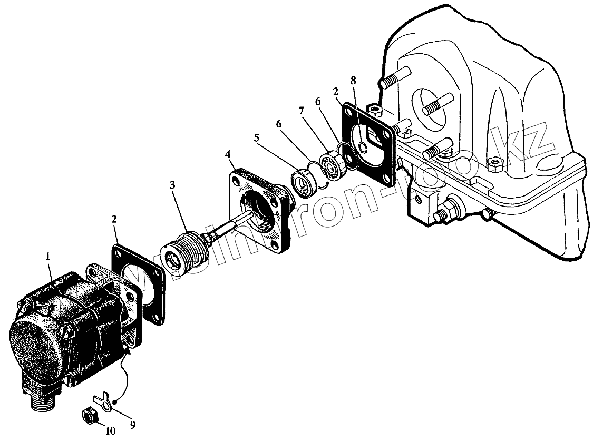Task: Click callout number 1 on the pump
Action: tap(48, 257)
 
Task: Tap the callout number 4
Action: tap(227, 154)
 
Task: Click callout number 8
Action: tap(353, 80)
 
